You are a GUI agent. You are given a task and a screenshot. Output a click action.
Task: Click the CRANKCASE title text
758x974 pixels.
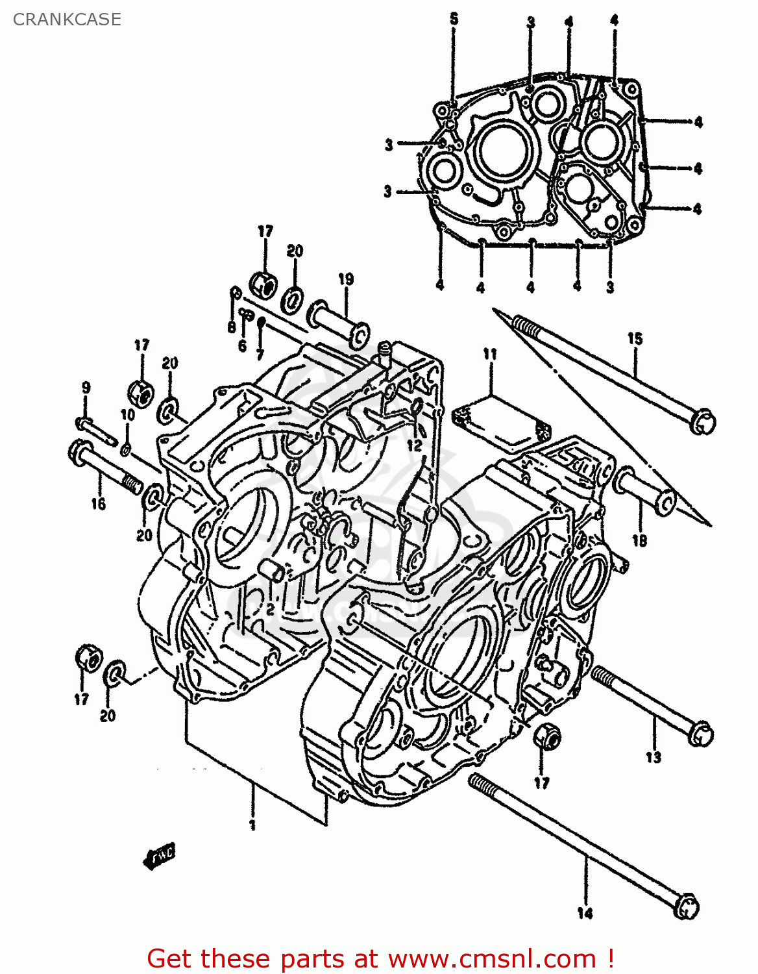point(67,19)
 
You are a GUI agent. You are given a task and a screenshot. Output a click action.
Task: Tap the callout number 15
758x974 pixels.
point(635,338)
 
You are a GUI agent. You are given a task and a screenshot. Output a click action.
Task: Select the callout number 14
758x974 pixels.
point(585,913)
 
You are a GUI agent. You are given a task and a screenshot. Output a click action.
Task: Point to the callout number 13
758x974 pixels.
point(653,757)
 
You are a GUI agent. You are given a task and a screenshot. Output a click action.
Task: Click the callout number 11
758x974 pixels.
point(490,354)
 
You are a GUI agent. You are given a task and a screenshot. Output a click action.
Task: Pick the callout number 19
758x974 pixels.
point(346,279)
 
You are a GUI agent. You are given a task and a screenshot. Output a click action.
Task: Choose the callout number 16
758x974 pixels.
point(98,504)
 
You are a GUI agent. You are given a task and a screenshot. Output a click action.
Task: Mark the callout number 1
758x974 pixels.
point(252,825)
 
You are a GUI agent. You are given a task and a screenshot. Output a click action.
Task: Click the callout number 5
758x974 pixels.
point(454,19)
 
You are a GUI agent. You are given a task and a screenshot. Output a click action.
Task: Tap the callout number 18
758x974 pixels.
point(639,540)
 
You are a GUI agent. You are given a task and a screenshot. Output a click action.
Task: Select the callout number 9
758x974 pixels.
point(86,388)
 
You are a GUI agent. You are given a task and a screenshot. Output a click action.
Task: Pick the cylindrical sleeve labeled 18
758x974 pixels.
point(644,491)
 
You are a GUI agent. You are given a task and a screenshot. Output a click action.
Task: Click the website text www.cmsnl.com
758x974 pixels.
point(491,958)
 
